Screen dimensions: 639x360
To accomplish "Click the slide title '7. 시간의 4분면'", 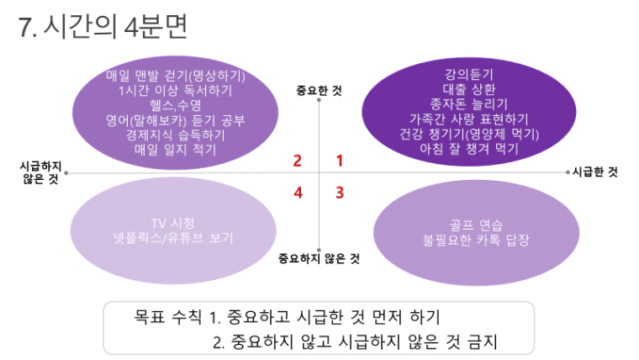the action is point(103,26).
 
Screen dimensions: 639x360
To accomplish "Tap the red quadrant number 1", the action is point(340,161).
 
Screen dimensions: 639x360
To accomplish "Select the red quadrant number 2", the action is point(298,161).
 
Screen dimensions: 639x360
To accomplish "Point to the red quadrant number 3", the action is point(340,193).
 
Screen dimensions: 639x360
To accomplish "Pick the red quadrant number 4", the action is point(298,193).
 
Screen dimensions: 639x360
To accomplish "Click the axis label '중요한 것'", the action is point(319,91).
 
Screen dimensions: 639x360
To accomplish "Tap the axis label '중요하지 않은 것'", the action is point(319,258).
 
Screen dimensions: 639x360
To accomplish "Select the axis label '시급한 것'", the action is point(595,172).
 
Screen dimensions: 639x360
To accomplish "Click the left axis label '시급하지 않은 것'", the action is point(40,172).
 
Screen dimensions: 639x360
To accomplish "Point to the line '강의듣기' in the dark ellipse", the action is point(468,74).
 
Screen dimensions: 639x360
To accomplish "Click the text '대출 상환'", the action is point(469,89).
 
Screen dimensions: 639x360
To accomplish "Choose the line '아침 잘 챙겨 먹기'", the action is point(469,148).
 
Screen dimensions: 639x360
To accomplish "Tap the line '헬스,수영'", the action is point(175,105).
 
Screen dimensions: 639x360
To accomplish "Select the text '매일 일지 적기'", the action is point(175,149).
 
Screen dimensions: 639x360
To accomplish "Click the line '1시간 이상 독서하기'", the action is point(175,90).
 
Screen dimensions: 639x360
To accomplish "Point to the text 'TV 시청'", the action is point(173,223).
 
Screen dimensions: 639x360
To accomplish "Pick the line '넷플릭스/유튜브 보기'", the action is point(173,238).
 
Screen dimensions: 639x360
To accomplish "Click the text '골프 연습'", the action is point(476,225).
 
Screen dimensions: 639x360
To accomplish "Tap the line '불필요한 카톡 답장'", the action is point(476,240).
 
